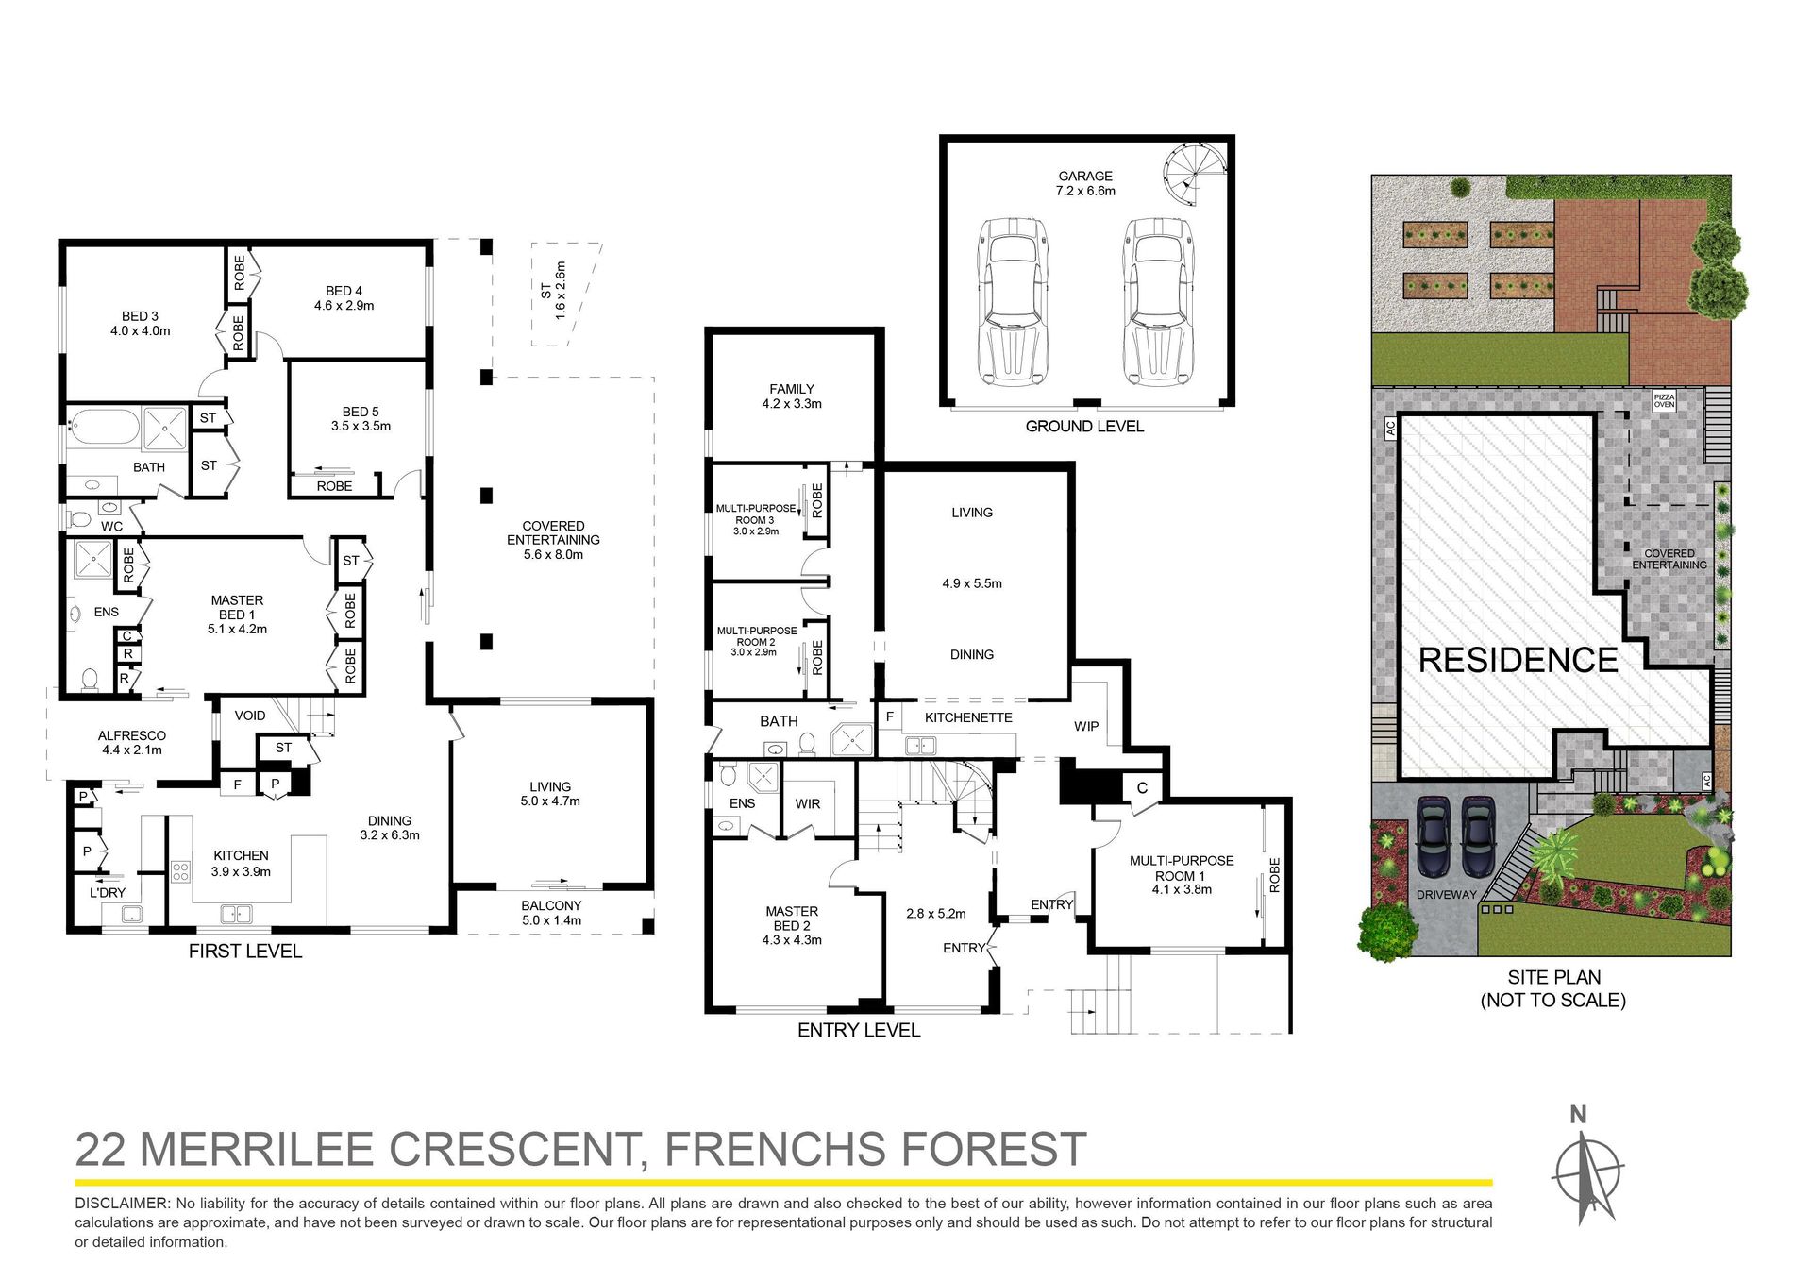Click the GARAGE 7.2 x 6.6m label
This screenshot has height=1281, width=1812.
click(1085, 183)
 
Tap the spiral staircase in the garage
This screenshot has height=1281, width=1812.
click(1194, 176)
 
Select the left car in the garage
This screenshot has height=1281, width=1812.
click(1013, 302)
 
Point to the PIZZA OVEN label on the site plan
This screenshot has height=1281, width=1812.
click(1664, 401)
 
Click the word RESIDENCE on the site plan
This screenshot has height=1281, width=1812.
click(1518, 660)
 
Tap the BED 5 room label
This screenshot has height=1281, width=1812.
click(361, 418)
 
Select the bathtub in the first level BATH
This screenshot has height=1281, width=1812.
click(103, 429)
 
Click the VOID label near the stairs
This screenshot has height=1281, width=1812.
click(250, 716)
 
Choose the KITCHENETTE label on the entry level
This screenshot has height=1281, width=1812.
click(968, 717)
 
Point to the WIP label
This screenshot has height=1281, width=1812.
click(1086, 727)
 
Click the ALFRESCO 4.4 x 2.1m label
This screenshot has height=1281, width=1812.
click(132, 743)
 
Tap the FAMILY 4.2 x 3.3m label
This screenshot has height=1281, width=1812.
click(792, 396)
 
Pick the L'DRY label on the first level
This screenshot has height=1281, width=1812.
click(108, 892)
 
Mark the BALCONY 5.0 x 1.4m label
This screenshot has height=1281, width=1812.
click(551, 913)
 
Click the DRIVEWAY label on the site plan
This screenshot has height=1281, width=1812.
click(1446, 894)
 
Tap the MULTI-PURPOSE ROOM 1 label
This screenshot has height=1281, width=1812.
click(1182, 874)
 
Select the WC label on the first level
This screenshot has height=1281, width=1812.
click(111, 526)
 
